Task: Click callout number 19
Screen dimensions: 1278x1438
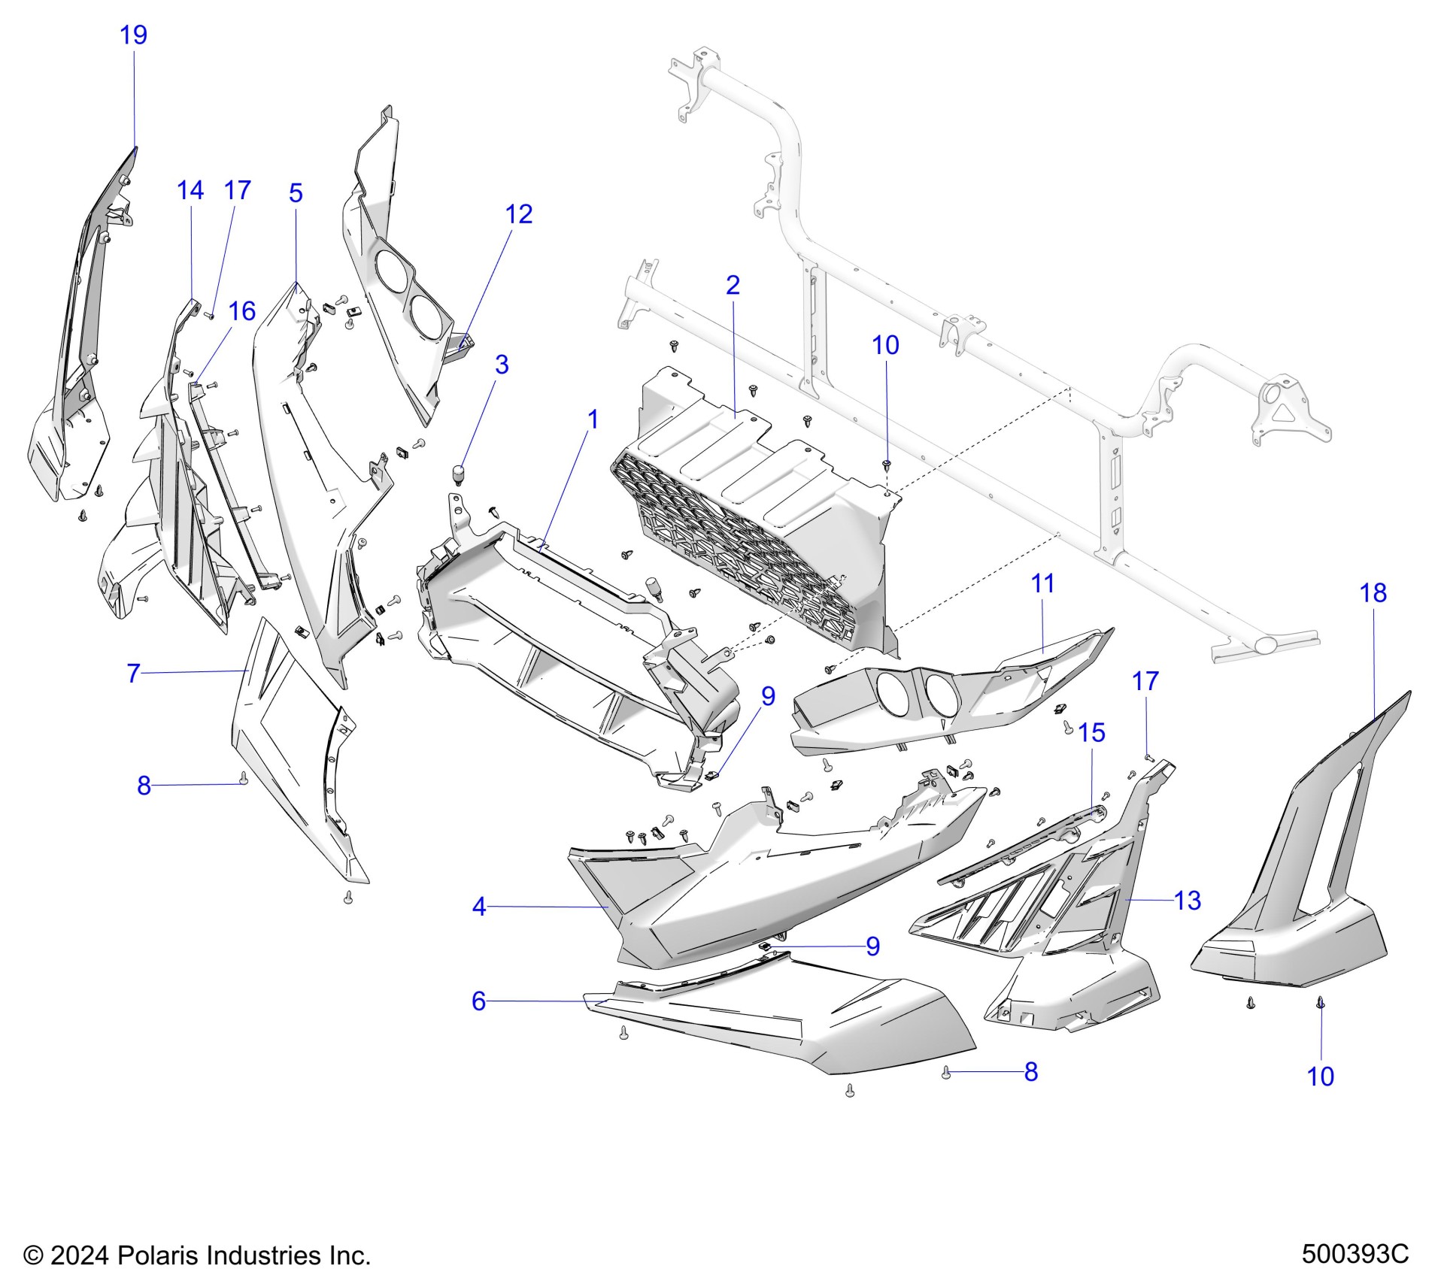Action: click(134, 35)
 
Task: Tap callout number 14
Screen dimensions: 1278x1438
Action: click(190, 190)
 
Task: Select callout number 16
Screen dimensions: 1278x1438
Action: click(241, 310)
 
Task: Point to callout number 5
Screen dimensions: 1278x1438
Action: click(296, 193)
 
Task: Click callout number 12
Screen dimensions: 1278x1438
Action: click(519, 214)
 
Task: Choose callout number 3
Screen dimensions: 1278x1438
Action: click(502, 365)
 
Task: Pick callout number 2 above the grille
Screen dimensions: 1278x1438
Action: click(733, 284)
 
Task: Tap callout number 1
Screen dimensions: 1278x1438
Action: click(593, 419)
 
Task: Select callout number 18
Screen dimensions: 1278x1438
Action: click(1373, 593)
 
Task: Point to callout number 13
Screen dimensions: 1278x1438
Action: click(1188, 900)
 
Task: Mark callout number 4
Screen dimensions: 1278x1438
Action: click(479, 907)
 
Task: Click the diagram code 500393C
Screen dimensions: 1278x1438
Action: click(1355, 1255)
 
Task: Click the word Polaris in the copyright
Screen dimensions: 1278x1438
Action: click(159, 1255)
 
